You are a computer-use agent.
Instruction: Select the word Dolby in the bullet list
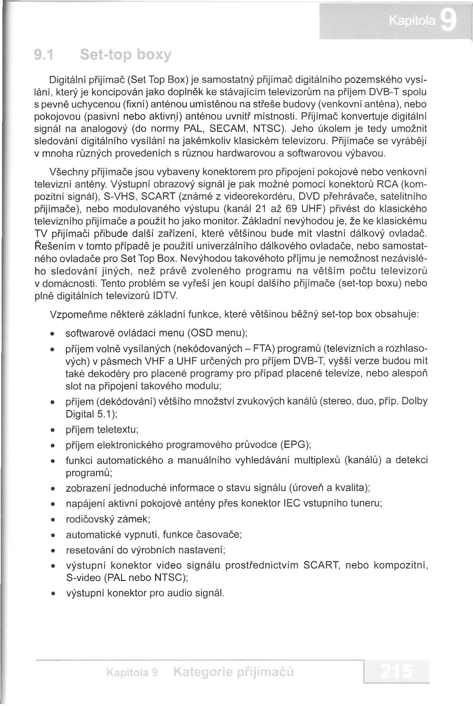(x=414, y=401)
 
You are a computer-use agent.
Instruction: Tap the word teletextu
(x=118, y=430)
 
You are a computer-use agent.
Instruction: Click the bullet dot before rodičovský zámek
(x=53, y=520)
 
